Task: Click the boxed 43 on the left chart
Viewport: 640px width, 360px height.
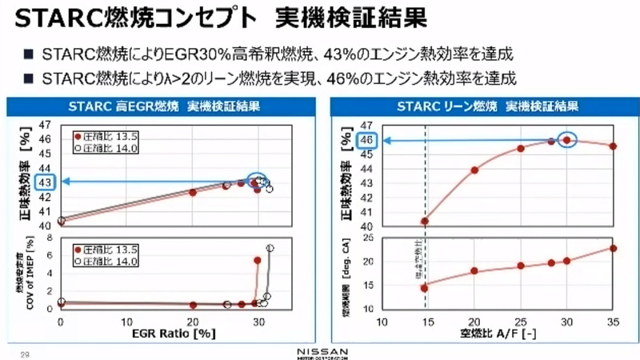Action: coord(46,182)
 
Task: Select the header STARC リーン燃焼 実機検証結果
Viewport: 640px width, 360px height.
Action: coord(487,106)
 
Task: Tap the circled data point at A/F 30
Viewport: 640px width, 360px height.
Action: coord(566,139)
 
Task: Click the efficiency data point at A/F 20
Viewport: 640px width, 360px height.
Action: coord(474,170)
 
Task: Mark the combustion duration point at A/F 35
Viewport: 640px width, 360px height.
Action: coord(613,248)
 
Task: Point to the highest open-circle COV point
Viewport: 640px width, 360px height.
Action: coord(270,248)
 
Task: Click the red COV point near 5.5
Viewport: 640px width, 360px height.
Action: coord(258,260)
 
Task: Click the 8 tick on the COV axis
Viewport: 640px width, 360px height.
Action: coord(50,238)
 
